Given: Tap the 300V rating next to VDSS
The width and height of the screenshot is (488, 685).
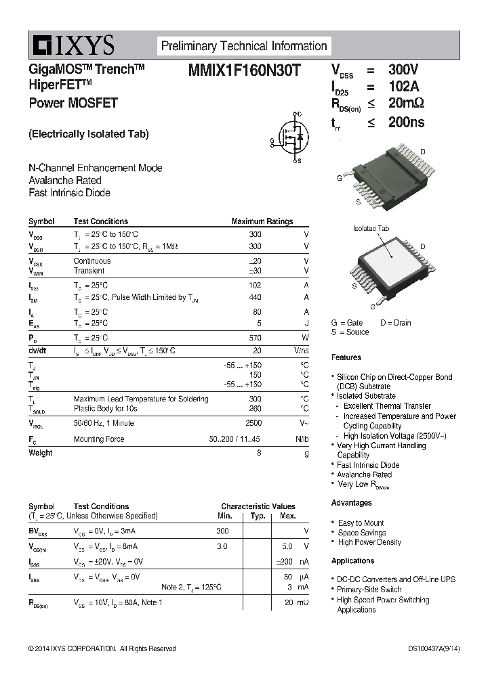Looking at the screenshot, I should pyautogui.click(x=403, y=70).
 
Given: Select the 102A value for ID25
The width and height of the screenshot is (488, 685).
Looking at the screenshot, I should pyautogui.click(x=403, y=87).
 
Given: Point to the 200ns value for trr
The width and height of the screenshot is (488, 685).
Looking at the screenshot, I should pyautogui.click(x=406, y=123).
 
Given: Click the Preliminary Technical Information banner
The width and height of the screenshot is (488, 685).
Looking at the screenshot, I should pyautogui.click(x=243, y=46).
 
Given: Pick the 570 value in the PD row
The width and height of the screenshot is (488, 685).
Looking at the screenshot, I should pyautogui.click(x=255, y=338).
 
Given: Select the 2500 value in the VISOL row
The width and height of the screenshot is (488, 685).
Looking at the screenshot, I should pyautogui.click(x=253, y=423).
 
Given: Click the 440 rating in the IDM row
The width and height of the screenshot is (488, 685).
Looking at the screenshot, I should pyautogui.click(x=255, y=297).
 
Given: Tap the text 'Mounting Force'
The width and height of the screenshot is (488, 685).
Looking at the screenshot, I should pyautogui.click(x=99, y=439).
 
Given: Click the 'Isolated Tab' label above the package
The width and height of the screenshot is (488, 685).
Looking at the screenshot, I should pyautogui.click(x=371, y=229).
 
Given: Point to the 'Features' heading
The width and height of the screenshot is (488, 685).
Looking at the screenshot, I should pyautogui.click(x=346, y=357).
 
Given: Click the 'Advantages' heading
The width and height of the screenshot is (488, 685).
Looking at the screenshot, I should pyautogui.click(x=351, y=503).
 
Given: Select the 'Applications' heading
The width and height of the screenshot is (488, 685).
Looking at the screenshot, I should pyautogui.click(x=352, y=561).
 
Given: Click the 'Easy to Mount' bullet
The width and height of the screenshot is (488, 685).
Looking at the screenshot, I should pyautogui.click(x=361, y=523).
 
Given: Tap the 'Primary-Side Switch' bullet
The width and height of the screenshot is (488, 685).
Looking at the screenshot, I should pyautogui.click(x=369, y=590).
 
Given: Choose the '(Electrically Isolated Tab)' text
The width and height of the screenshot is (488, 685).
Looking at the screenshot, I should pyautogui.click(x=88, y=134).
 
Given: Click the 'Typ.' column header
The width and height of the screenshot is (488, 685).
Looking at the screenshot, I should pyautogui.click(x=258, y=516).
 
